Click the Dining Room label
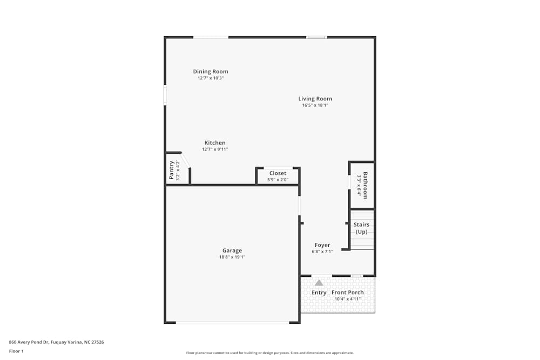(211, 71)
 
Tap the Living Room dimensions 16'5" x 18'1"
(315, 105)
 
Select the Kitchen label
(215, 143)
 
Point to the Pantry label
(172, 170)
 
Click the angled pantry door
(185, 161)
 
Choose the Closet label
(278, 173)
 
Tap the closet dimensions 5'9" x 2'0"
(278, 180)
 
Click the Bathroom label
(365, 186)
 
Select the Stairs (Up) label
(361, 228)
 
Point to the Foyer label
(322, 245)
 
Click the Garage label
(232, 250)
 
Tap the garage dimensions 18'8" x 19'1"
(232, 257)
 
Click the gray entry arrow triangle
(319, 283)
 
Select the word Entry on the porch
(319, 293)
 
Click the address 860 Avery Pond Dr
(57, 342)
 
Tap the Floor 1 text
(16, 351)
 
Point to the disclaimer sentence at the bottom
(270, 353)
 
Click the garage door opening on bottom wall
(232, 323)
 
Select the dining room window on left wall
(165, 94)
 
